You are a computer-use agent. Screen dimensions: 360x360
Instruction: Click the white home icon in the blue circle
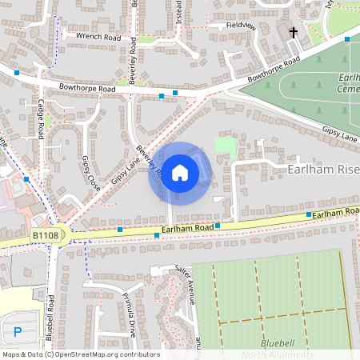[x=180, y=173]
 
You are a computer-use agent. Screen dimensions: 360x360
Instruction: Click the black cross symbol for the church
[x=294, y=33]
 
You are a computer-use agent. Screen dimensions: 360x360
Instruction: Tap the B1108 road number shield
[x=46, y=236]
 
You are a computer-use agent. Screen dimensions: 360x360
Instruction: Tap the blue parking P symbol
[x=18, y=330]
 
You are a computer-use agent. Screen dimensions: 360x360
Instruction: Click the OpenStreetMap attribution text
[x=80, y=354]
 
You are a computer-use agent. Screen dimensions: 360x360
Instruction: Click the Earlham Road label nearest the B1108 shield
[x=187, y=229]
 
